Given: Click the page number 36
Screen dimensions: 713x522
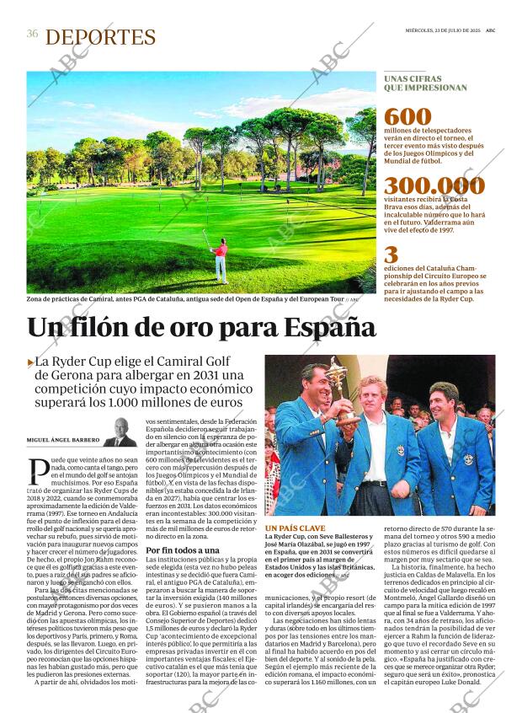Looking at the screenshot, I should point(32,34).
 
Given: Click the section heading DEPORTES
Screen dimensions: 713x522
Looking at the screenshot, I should point(100,37).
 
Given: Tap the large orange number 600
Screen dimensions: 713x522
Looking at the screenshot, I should point(407,117).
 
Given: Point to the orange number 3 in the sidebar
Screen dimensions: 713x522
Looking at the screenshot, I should point(391,255).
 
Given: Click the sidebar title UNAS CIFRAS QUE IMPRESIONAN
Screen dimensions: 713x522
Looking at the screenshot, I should point(425,82).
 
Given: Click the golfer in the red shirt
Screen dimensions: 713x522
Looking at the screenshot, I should point(221,256).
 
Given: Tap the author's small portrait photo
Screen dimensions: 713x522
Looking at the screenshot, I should point(120,432).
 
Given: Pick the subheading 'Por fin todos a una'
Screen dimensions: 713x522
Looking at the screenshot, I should point(183,549).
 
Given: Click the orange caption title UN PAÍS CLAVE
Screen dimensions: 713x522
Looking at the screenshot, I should point(295,527).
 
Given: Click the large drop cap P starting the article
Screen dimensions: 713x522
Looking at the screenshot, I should point(37,468).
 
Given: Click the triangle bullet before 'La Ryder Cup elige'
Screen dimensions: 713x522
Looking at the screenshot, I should point(30,362).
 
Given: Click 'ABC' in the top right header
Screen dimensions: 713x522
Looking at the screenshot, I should point(490,29).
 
